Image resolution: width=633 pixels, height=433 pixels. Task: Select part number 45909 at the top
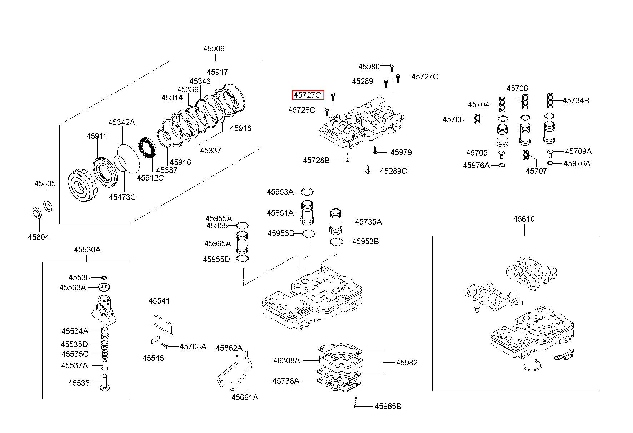[x=214, y=49]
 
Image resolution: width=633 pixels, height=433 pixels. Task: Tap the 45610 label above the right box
[x=524, y=219]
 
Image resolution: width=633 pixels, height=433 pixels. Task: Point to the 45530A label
[x=87, y=250]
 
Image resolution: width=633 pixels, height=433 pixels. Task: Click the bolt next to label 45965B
[x=356, y=404]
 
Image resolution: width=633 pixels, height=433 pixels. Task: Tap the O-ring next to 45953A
[x=307, y=192]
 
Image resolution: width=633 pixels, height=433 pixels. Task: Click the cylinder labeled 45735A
[x=335, y=221]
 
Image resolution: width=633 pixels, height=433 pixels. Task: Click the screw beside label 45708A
[x=165, y=346]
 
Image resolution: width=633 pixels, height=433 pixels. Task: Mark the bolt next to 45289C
[x=367, y=170]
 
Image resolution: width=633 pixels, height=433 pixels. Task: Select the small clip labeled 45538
[x=103, y=277]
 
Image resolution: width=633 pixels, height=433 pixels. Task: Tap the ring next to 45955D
[x=242, y=259]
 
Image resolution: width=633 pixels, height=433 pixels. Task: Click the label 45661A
[x=245, y=397]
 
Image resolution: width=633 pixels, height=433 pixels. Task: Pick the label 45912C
[x=150, y=178]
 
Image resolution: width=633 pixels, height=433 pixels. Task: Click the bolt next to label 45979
[x=375, y=150]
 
